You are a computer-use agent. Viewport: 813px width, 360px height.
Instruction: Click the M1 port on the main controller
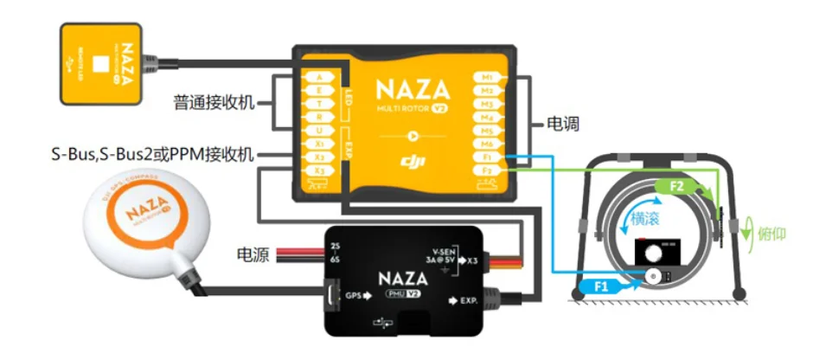(487, 77)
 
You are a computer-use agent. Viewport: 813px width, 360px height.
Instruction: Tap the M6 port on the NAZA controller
(487, 144)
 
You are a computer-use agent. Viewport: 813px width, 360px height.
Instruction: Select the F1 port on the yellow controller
(487, 157)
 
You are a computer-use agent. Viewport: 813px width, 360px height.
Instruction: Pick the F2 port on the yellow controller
(487, 171)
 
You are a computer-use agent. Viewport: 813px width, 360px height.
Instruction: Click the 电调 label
(563, 125)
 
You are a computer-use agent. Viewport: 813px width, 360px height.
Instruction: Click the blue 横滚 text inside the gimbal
(649, 219)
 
